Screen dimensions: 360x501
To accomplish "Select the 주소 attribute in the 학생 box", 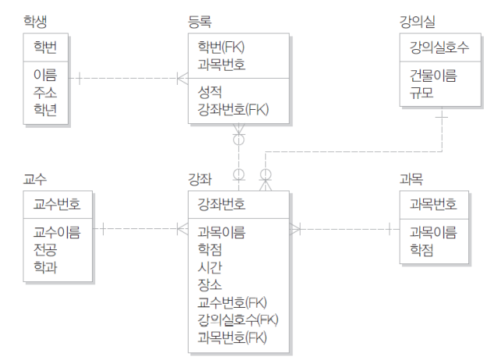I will (44, 94).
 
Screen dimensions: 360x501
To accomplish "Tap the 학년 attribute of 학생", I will (44, 110).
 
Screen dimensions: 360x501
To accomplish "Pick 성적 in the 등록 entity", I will (210, 92).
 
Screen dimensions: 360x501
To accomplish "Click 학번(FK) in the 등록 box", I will (222, 48).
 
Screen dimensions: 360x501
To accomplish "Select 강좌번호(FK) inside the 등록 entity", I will (233, 109).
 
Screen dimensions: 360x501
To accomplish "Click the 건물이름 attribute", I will (433, 76).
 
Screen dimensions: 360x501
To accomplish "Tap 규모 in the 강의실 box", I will (422, 94).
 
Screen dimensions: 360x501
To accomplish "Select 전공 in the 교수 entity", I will (44, 250).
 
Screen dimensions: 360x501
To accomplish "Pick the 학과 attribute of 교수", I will (44, 267).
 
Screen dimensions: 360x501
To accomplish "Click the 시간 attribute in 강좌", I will (210, 267).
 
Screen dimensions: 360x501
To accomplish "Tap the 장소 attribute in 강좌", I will (210, 284).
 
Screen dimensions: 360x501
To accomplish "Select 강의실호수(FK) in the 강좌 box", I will (238, 319).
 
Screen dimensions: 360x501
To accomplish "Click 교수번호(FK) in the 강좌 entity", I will (233, 302).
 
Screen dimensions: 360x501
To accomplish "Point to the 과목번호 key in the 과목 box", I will (433, 206).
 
